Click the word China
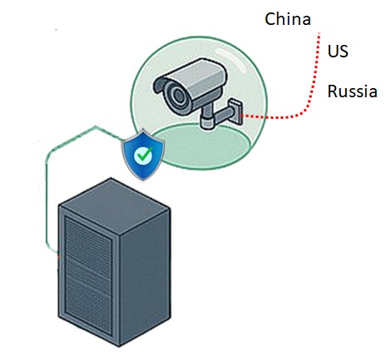click(x=288, y=19)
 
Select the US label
click(x=338, y=52)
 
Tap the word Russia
click(x=352, y=91)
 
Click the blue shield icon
click(x=143, y=155)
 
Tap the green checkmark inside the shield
click(x=144, y=155)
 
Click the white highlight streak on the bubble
click(x=238, y=60)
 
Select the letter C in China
click(x=270, y=19)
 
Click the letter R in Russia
click(x=333, y=91)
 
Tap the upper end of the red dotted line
click(x=319, y=33)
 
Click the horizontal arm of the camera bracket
click(x=222, y=114)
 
